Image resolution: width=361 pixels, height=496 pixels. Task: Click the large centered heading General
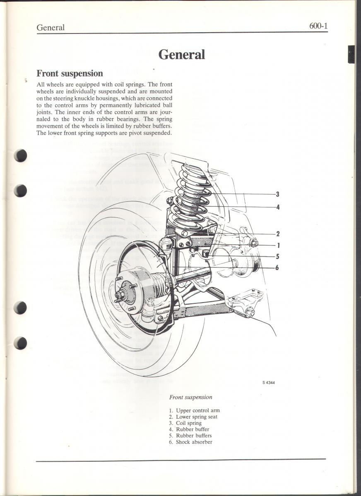(182, 54)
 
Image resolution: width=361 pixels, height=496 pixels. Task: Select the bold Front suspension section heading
(70, 74)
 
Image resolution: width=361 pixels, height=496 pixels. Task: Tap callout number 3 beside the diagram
(277, 194)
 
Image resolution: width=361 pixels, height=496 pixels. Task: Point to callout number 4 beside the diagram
(277, 207)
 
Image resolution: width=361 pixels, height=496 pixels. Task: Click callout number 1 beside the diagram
(277, 245)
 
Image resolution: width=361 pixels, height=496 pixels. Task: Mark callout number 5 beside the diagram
(277, 256)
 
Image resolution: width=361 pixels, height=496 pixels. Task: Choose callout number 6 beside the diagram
(277, 267)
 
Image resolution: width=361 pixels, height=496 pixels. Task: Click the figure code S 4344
(268, 383)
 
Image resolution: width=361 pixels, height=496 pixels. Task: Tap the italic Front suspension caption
(190, 397)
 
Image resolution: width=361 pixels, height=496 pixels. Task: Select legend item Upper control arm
(197, 410)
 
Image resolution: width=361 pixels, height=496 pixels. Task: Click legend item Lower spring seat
(196, 417)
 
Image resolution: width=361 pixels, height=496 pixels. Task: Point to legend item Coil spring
(188, 423)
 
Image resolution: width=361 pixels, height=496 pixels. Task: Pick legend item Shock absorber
(194, 442)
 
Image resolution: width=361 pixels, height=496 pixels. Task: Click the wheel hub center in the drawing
(121, 295)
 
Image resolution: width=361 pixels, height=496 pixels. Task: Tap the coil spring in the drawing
(190, 194)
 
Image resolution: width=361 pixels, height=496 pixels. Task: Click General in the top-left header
(51, 28)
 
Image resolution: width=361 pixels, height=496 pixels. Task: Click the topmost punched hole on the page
(20, 155)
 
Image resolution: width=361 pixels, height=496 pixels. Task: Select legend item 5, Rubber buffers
(193, 436)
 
